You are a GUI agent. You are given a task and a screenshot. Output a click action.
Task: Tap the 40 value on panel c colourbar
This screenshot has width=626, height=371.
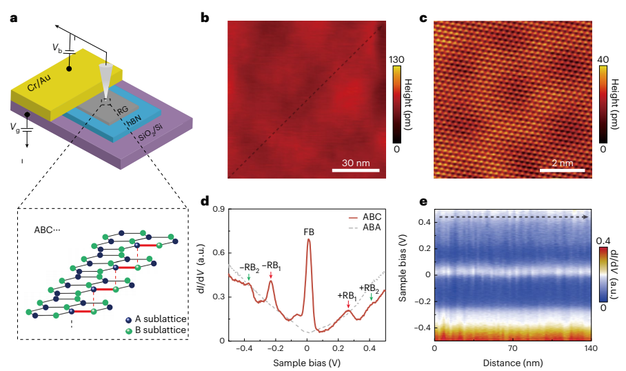click(601, 61)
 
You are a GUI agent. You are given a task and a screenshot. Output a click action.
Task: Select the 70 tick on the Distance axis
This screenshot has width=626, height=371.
click(513, 350)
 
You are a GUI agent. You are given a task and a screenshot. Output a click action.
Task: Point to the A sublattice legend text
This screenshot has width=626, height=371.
click(164, 319)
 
